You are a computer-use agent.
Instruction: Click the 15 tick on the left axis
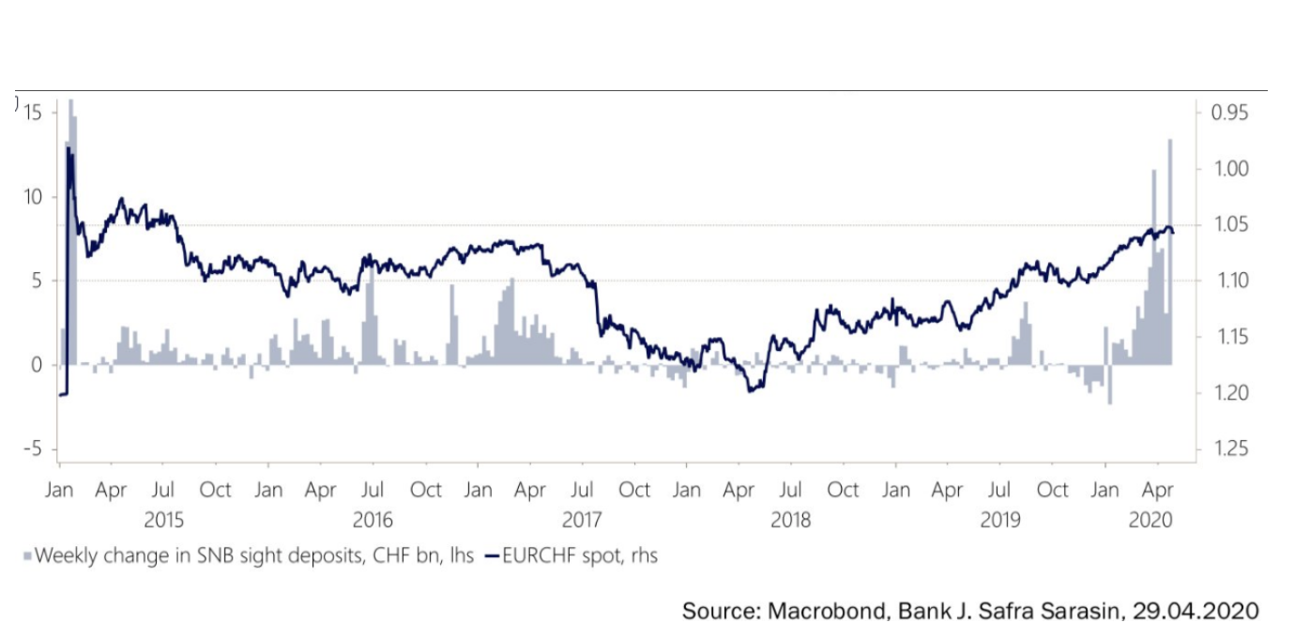pyautogui.click(x=34, y=113)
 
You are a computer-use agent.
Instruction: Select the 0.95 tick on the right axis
pyautogui.click(x=1230, y=113)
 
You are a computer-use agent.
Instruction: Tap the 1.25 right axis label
pyautogui.click(x=1230, y=448)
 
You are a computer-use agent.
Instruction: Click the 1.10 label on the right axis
pyautogui.click(x=1230, y=281)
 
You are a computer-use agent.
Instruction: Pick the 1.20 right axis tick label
pyautogui.click(x=1230, y=392)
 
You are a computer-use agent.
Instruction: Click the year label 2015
pyautogui.click(x=164, y=520)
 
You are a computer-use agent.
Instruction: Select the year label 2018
pyautogui.click(x=790, y=520)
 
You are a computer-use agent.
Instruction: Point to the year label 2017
pyautogui.click(x=582, y=520)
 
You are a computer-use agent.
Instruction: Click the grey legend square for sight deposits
pyautogui.click(x=27, y=556)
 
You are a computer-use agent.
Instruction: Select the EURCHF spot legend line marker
pyautogui.click(x=492, y=556)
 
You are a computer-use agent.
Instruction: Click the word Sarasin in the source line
pyautogui.click(x=1069, y=611)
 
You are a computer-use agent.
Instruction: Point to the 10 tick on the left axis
pyautogui.click(x=34, y=197)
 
